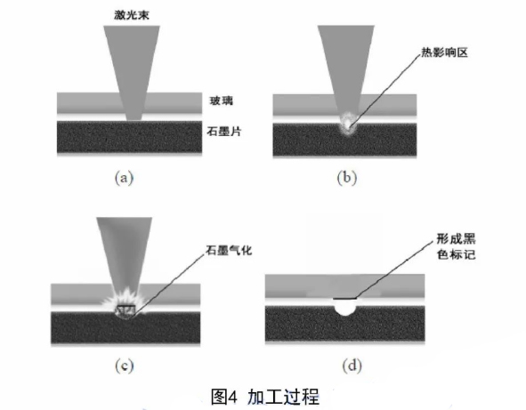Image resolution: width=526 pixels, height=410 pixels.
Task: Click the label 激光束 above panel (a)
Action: [x=132, y=15]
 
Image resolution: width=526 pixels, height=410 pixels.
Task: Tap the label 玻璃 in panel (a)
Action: [x=222, y=100]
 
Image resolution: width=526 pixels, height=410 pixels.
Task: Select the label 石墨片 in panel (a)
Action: [x=224, y=131]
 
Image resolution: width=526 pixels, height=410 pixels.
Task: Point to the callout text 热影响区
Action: [x=444, y=52]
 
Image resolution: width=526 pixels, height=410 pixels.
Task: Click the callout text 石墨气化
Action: [x=229, y=250]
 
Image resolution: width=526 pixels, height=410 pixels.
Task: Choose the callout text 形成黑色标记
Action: [x=456, y=246]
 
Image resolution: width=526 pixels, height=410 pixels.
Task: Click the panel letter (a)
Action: [x=124, y=178]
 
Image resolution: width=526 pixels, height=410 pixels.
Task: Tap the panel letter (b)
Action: [x=347, y=178]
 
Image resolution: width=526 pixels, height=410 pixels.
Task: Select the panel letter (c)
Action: [x=124, y=366]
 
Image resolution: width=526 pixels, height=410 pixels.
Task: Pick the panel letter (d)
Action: [x=352, y=366]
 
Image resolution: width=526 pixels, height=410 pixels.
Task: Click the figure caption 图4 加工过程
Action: [x=265, y=397]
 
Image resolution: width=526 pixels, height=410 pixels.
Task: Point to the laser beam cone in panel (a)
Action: [x=132, y=72]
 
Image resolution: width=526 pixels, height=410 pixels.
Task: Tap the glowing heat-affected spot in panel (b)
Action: [x=348, y=124]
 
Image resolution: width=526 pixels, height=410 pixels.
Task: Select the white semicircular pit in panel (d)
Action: [x=345, y=308]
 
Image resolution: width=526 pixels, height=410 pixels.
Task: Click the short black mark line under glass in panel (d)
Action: [x=344, y=298]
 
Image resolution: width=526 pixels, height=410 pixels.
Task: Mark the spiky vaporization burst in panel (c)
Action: [x=125, y=301]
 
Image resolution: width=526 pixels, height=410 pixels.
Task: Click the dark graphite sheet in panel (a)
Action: [x=129, y=138]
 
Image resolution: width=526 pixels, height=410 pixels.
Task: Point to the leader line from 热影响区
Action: [x=384, y=90]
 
